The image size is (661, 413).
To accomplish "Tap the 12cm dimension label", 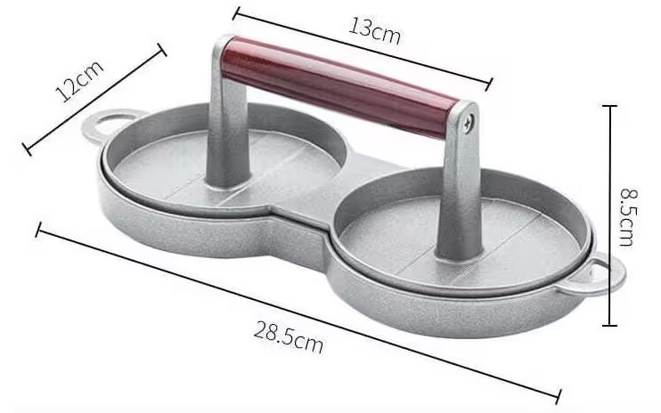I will (x=78, y=82).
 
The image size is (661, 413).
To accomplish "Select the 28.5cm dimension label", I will (x=289, y=336).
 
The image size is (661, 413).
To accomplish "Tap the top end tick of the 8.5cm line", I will (x=610, y=106).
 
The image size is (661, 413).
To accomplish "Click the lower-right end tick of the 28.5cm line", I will (x=559, y=396).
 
